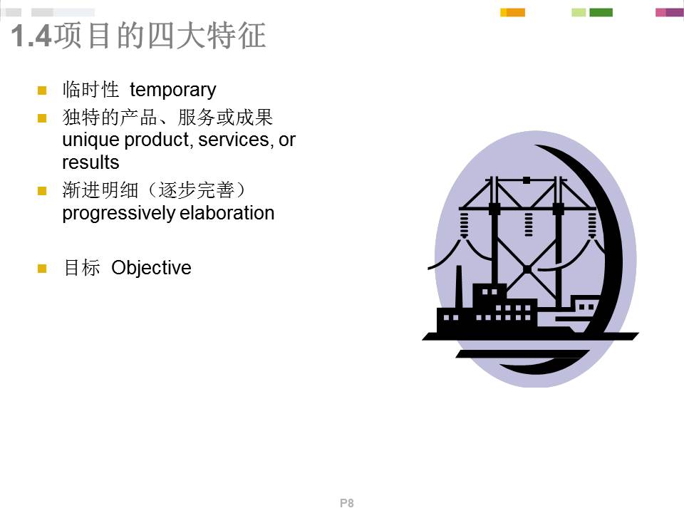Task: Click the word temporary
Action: point(172,90)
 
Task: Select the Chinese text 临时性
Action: point(90,90)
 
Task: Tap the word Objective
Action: point(151,268)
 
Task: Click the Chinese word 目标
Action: point(81,268)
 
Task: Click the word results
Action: point(90,162)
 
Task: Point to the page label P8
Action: point(347,503)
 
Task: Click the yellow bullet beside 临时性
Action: point(42,90)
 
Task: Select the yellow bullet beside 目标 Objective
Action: point(42,269)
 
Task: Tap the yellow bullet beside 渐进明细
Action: point(42,191)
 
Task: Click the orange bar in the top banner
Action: point(515,12)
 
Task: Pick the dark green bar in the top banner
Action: point(601,12)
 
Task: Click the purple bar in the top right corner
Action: point(674,12)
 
